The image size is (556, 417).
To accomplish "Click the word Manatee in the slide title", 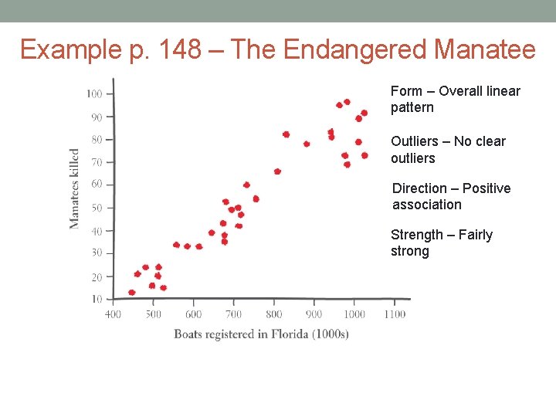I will pyautogui.click(x=484, y=50).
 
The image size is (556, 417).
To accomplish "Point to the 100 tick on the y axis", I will pyautogui.click(x=94, y=94).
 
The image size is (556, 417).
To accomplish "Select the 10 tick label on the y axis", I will pyautogui.click(x=96, y=299).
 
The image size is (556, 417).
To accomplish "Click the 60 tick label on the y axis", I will pyautogui.click(x=96, y=185).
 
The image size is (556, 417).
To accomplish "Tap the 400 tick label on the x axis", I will pyautogui.click(x=113, y=314).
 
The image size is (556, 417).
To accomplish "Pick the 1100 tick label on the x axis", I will pyautogui.click(x=394, y=314).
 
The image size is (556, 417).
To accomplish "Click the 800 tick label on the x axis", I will pyautogui.click(x=273, y=314).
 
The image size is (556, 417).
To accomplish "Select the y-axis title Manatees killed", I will pyautogui.click(x=75, y=188).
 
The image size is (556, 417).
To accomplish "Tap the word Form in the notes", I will pyautogui.click(x=406, y=91).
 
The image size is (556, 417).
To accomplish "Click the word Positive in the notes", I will pyautogui.click(x=486, y=188).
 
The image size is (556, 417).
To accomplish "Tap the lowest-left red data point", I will pyautogui.click(x=131, y=293).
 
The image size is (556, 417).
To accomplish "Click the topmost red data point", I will pyautogui.click(x=347, y=102).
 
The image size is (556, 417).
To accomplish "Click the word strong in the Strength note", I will pyautogui.click(x=409, y=252).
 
